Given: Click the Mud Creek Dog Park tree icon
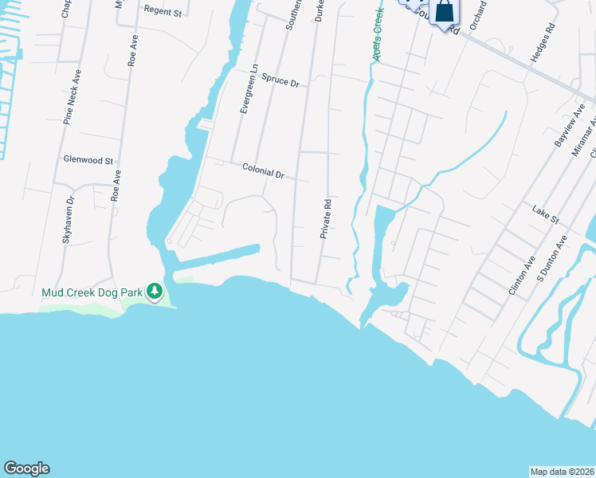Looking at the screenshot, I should (155, 292).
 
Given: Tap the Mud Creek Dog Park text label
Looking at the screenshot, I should (92, 292).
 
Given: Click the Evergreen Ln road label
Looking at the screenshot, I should (249, 88).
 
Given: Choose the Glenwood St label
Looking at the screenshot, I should (88, 159).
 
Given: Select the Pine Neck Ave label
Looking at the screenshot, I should (73, 96).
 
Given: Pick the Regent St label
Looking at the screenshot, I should (163, 12).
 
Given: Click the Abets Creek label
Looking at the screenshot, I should (377, 36).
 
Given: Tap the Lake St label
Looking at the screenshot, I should (547, 213).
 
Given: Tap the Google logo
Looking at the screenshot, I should (26, 468).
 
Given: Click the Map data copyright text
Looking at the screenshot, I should (562, 472).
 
